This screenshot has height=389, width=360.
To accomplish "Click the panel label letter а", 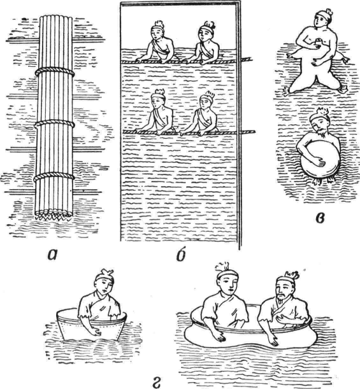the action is point(54,256).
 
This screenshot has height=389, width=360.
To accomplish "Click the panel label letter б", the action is point(181,255).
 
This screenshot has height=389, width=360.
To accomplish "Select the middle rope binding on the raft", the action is point(54,124).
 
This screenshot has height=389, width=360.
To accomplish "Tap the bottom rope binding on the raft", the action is point(54,177).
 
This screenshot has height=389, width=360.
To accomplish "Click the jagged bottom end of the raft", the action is point(53,215).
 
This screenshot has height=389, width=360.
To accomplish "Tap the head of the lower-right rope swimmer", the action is point(206,101).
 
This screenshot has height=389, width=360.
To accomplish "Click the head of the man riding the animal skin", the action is point(322,18).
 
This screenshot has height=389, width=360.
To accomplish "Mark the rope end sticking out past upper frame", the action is point(247,59).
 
